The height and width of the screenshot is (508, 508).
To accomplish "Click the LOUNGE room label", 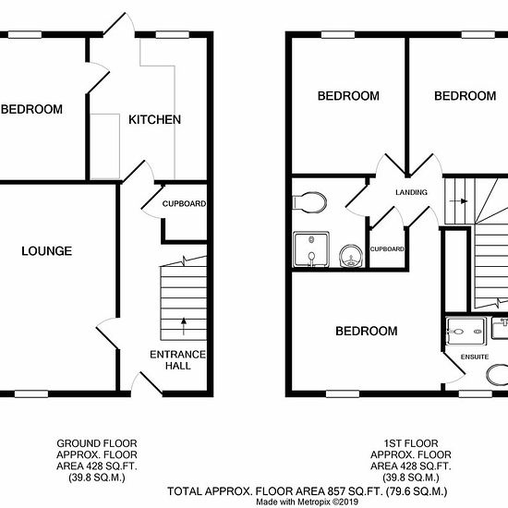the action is [x=47, y=251].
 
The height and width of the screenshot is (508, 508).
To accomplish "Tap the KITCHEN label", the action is [x=154, y=120].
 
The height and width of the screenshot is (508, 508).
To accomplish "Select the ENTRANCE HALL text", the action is [x=178, y=360].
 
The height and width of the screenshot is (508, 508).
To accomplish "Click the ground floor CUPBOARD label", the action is [x=184, y=204].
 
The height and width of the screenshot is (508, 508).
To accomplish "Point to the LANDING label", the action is [x=411, y=192].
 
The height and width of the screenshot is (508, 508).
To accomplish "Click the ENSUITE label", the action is [x=475, y=357].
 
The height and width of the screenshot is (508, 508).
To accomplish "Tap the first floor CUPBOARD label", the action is [x=387, y=249].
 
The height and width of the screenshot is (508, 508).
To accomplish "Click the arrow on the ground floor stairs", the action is [x=184, y=326].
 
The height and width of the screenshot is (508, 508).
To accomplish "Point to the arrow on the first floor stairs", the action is [x=458, y=201].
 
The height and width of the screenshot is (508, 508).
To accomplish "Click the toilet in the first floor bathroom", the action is [x=309, y=203].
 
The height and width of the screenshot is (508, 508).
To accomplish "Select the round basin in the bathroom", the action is [x=351, y=256].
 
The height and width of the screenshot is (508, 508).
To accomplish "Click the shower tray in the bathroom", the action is [x=311, y=249].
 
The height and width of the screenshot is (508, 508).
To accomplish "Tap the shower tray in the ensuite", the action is [x=466, y=331].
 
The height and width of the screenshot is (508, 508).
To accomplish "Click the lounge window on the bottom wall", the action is [x=31, y=394].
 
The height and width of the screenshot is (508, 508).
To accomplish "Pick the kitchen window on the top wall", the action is [x=173, y=35].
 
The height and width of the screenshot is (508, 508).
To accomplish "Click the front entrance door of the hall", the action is [x=147, y=384].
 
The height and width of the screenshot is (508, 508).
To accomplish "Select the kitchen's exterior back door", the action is [x=119, y=24].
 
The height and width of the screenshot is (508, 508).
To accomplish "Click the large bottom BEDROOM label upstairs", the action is [x=367, y=331].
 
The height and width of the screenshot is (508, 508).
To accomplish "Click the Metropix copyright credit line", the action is [x=308, y=502].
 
